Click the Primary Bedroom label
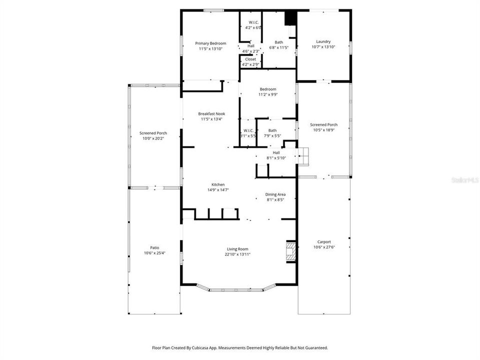pyautogui.click(x=210, y=43)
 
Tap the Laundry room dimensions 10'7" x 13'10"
pyautogui.click(x=323, y=47)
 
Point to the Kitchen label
pyautogui.click(x=211, y=184)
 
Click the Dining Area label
pyautogui.click(x=275, y=194)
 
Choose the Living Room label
pyautogui.click(x=237, y=249)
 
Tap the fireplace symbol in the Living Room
pyautogui.click(x=290, y=252)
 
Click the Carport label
pyautogui.click(x=324, y=242)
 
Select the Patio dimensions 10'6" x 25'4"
pyautogui.click(x=154, y=252)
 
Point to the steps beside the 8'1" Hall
pyautogui.click(x=305, y=156)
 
